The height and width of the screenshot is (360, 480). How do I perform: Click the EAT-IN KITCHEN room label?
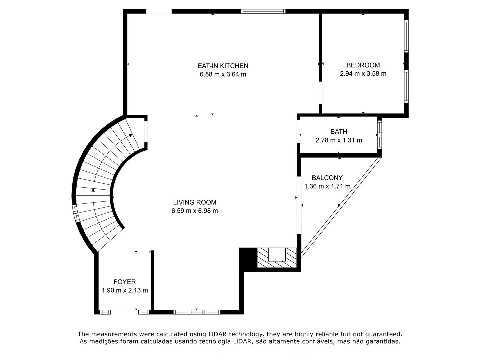tap(223, 66)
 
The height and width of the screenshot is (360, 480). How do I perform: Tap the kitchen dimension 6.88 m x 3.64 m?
tap(223, 74)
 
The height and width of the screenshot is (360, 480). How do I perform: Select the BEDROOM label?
tap(363, 65)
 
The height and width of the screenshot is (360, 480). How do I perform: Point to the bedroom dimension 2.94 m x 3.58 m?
tap(363, 74)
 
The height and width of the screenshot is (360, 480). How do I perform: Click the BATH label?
tap(339, 132)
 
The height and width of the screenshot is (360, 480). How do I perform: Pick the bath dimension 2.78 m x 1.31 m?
tap(339, 140)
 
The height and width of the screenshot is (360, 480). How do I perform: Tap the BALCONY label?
tap(327, 178)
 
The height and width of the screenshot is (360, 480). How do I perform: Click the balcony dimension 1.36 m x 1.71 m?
tap(327, 186)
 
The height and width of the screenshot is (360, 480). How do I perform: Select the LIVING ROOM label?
tap(195, 202)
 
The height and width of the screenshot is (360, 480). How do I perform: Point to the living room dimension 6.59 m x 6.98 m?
tap(195, 211)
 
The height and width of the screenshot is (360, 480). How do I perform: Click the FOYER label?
tap(125, 282)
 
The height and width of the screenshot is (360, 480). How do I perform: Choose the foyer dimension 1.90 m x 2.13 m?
tap(125, 290)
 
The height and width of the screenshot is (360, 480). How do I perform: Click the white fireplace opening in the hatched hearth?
tap(277, 254)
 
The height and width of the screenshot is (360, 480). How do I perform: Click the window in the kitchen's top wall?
tap(263, 11)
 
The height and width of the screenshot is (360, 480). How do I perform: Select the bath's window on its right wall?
tap(380, 135)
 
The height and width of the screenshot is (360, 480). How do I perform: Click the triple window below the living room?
tap(197, 312)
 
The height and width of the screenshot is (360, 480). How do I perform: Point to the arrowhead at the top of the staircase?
tap(131, 135)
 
